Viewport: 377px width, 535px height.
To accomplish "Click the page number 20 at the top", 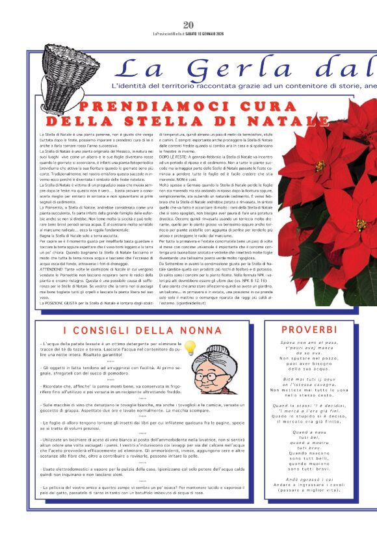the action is (188, 25).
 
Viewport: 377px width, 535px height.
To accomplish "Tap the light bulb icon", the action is (190, 348).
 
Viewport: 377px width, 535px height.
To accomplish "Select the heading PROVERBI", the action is (309, 330).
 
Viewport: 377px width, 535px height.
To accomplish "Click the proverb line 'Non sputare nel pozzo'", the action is (309, 358).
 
